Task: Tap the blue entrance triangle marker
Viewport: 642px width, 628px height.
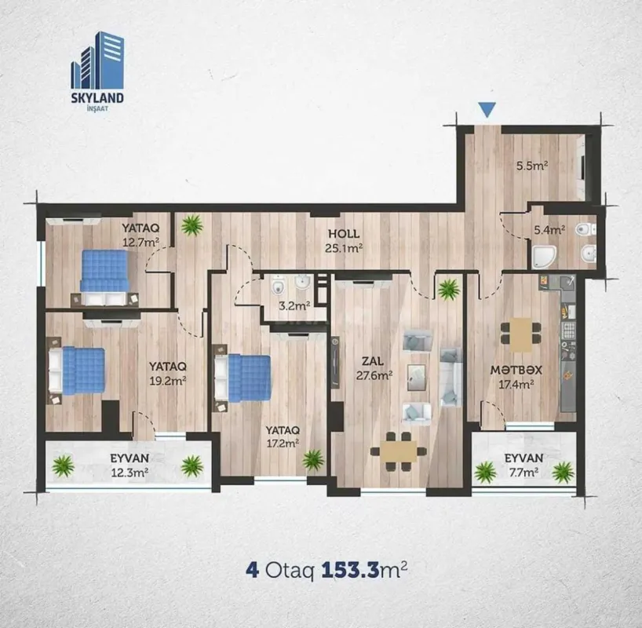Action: tap(487, 111)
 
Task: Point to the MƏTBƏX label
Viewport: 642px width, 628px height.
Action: tap(513, 369)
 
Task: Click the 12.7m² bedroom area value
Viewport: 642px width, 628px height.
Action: tap(140, 241)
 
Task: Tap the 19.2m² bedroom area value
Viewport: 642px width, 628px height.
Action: tap(168, 381)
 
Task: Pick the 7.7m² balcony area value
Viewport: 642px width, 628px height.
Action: tap(524, 473)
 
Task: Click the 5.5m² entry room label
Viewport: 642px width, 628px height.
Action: tap(531, 166)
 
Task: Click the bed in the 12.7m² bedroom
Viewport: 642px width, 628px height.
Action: tap(104, 272)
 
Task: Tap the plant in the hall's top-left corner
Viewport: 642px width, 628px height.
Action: tap(191, 226)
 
